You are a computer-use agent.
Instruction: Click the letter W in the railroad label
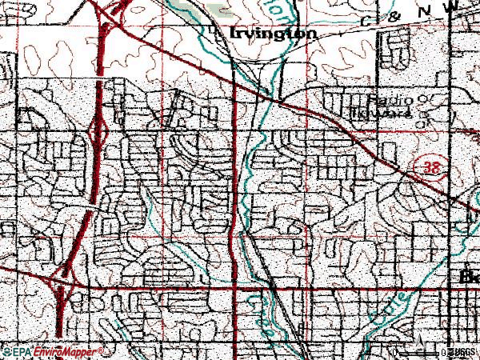pyautogui.click(x=454, y=6)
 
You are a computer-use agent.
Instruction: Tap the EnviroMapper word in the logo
pyautogui.click(x=69, y=351)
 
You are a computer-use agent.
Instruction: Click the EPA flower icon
pyautogui.click(x=6, y=351)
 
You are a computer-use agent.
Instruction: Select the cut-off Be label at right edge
pyautogui.click(x=470, y=277)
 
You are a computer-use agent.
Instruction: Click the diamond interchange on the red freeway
pyautogui.click(x=98, y=129)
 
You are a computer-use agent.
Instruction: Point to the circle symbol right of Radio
pyautogui.click(x=424, y=99)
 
